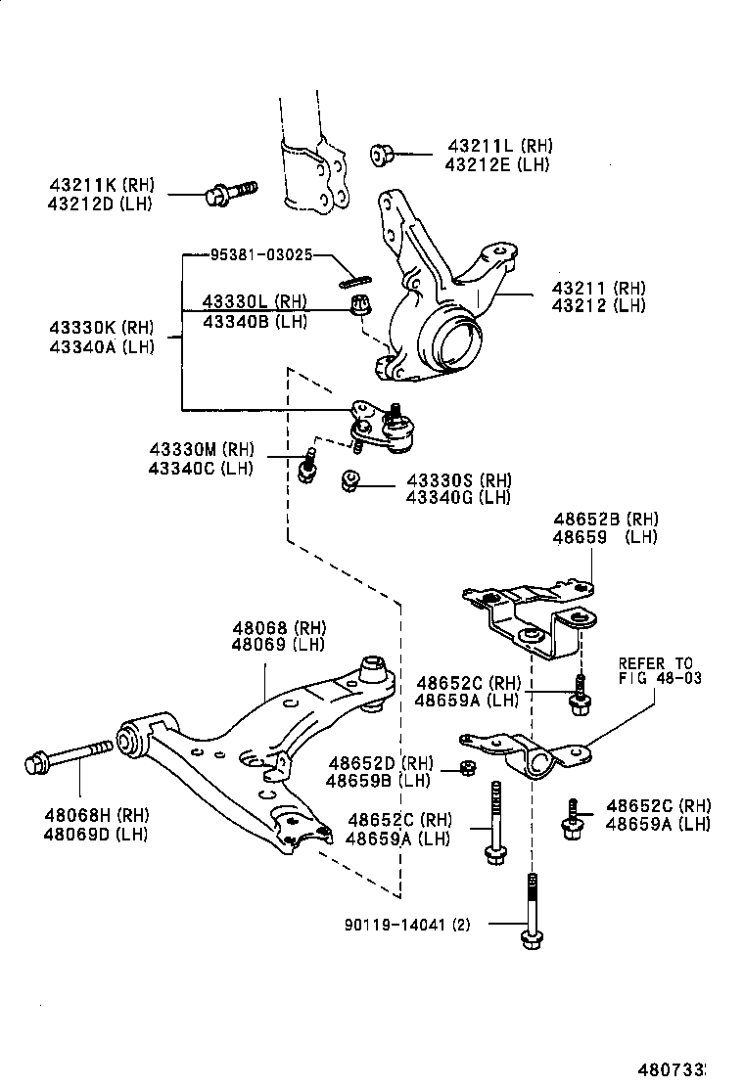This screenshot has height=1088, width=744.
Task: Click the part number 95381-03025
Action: point(260,254)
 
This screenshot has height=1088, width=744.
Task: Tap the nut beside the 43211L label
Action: point(382,155)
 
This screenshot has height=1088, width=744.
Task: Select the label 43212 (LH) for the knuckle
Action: point(598,305)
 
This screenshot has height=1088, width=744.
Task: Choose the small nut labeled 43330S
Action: point(349,481)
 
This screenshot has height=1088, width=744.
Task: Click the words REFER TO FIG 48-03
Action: point(659,670)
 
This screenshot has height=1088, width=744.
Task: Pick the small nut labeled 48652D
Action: point(467,767)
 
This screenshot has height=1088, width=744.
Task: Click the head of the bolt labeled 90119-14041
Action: point(531,940)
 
